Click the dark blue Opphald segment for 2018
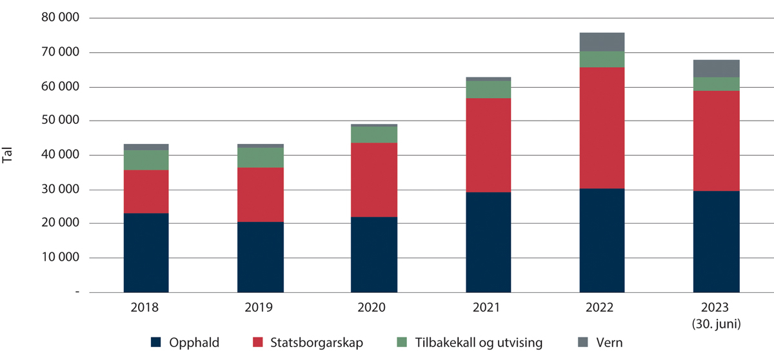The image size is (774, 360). click(146, 252)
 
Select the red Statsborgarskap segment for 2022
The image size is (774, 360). click(602, 128)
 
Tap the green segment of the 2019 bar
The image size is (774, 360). click(260, 157)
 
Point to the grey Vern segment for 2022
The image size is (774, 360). click(602, 42)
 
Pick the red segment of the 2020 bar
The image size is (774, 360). click(374, 180)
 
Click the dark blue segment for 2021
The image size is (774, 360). click(488, 242)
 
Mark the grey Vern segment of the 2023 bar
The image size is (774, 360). click(716, 68)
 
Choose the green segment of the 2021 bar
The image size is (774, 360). click(488, 90)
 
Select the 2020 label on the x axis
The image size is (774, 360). click(374, 308)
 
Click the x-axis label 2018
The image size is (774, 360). click(146, 308)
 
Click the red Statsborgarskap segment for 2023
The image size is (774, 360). click(716, 141)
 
